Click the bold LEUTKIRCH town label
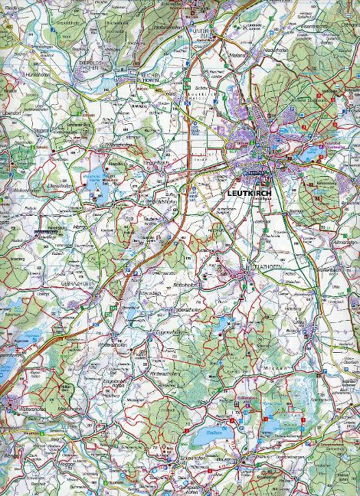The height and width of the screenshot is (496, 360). click(250, 193)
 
